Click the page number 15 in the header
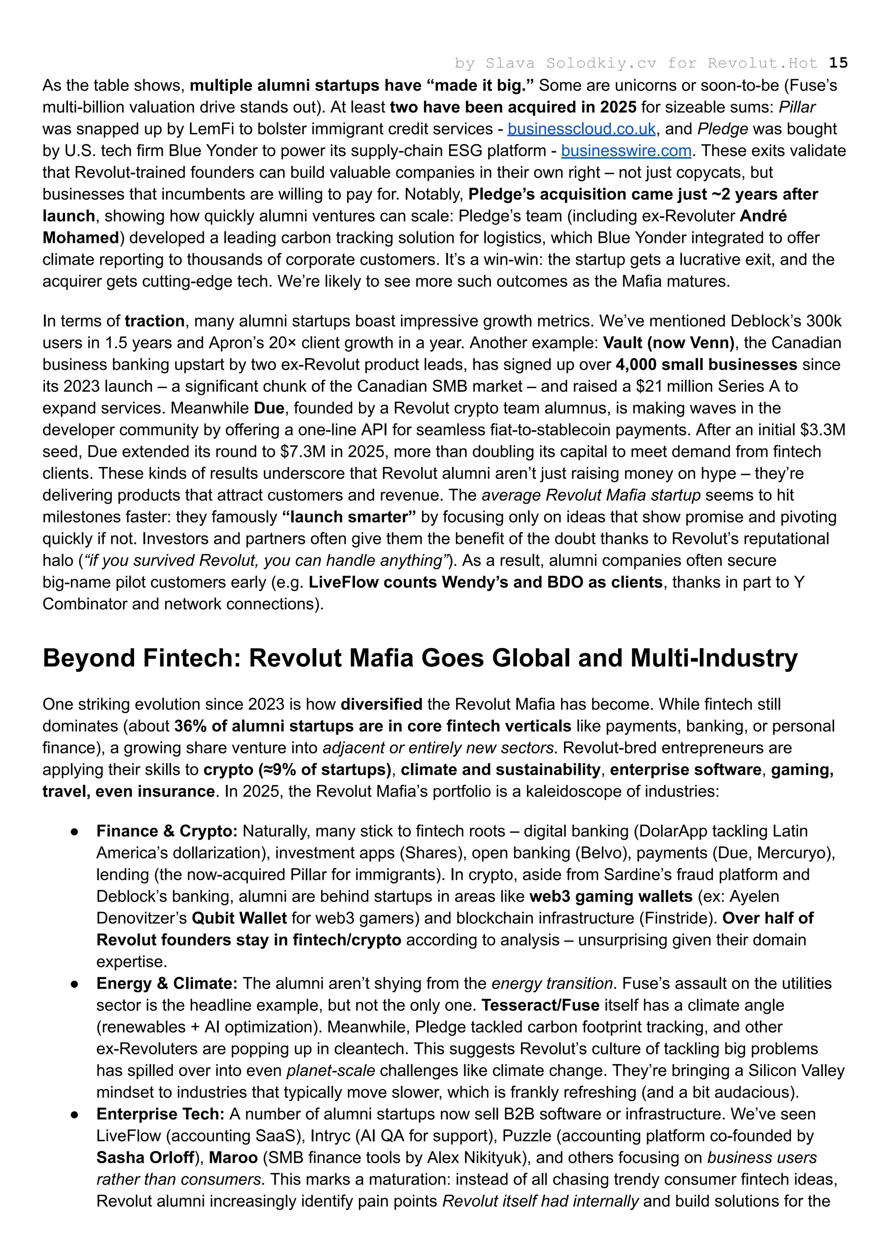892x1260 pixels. click(x=838, y=63)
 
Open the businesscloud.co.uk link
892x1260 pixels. click(x=581, y=129)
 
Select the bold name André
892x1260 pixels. click(x=763, y=216)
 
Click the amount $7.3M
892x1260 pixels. click(x=302, y=452)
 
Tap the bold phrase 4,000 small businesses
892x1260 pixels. click(x=706, y=365)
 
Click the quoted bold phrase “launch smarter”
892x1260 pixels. click(x=349, y=517)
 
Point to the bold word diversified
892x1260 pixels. click(x=381, y=705)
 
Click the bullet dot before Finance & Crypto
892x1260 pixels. click(x=75, y=831)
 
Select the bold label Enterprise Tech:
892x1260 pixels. click(x=160, y=1115)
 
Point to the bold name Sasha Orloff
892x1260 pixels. click(x=145, y=1158)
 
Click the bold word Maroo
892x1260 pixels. click(x=233, y=1158)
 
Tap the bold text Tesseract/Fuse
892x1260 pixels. click(x=541, y=1006)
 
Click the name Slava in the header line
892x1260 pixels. click(x=510, y=63)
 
